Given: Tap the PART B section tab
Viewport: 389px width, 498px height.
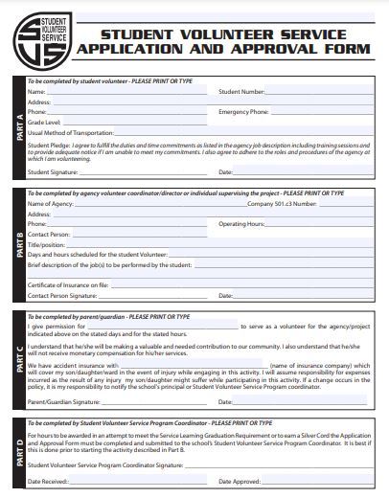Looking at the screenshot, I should (x=19, y=245).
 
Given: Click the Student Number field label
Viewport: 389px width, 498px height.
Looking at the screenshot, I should (x=241, y=92).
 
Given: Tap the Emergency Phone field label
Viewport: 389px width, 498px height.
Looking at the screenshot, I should (x=243, y=112).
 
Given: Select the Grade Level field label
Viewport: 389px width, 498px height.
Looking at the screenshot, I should (x=44, y=123).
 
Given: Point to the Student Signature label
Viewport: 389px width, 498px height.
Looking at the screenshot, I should (x=53, y=172).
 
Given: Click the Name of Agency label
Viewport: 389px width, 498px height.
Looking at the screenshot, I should (x=50, y=204).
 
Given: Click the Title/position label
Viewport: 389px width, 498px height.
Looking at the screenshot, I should (x=46, y=243).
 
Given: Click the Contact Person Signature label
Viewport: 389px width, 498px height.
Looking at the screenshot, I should (x=62, y=296).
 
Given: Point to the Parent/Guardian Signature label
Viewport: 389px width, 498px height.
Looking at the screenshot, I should (x=63, y=402).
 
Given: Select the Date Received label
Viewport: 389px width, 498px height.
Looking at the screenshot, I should (x=48, y=481).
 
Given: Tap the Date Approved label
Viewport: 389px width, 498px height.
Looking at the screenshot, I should (x=240, y=481).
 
